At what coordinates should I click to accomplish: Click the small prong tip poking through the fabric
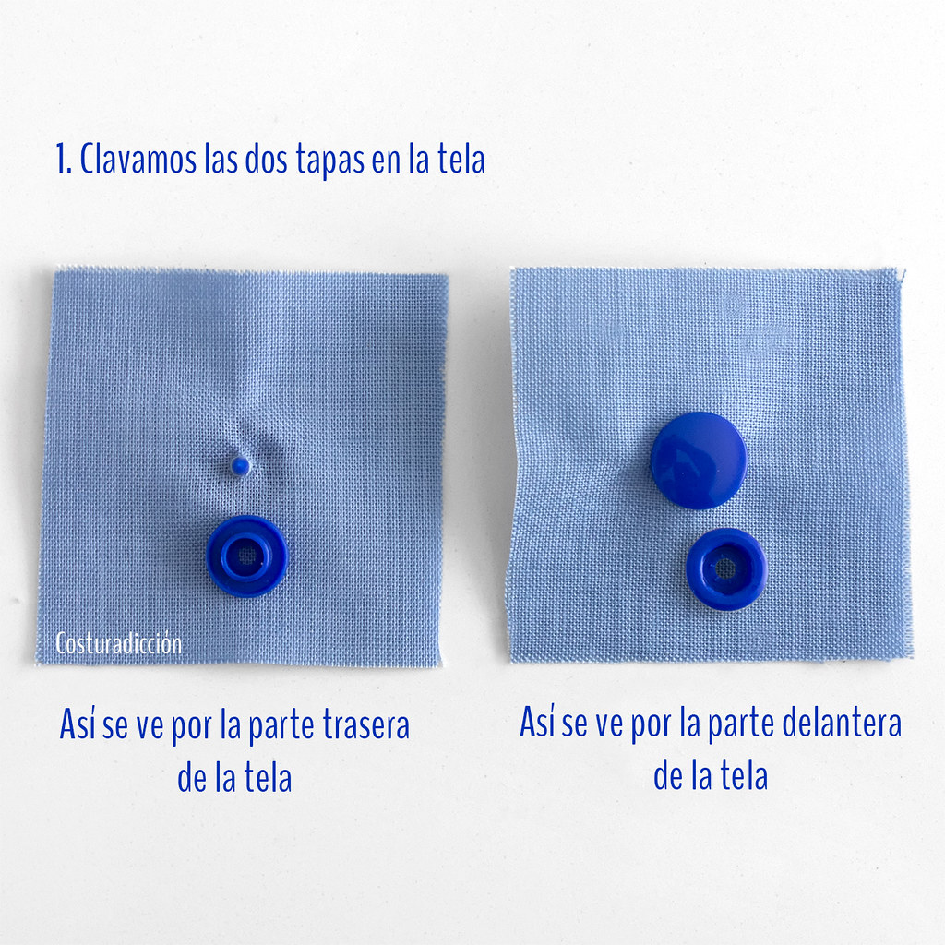tap(240, 465)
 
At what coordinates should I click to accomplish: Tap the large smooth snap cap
tap(699, 461)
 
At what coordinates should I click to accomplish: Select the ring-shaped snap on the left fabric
tap(247, 556)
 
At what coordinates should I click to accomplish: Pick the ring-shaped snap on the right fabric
tap(726, 568)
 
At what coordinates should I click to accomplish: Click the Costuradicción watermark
tap(119, 643)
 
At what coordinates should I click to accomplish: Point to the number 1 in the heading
tap(63, 159)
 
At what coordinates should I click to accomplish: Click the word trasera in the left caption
tap(366, 724)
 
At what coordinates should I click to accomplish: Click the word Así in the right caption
tap(538, 721)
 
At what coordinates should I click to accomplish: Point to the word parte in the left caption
tap(281, 727)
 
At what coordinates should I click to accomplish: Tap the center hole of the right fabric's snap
tap(725, 568)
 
